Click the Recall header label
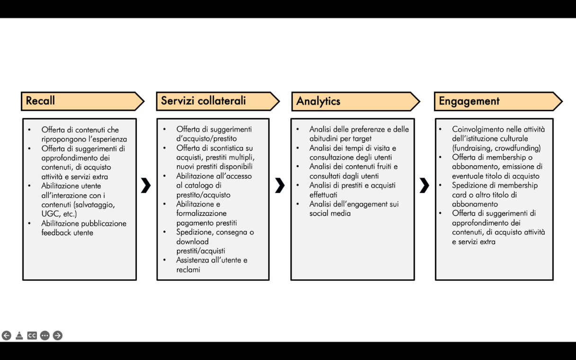[40, 100]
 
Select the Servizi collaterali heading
[204, 100]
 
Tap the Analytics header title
[318, 101]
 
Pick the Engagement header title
[469, 101]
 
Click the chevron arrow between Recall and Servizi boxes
[146, 185]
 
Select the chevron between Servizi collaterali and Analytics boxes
[280, 185]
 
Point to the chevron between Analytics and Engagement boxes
[424, 185]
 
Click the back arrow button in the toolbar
[7, 335]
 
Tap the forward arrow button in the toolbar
[58, 335]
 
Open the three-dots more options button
[45, 335]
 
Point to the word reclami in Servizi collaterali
[188, 270]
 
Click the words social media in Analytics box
[330, 213]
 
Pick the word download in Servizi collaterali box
[192, 242]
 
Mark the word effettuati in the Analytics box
[323, 195]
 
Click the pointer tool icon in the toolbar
[19, 335]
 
